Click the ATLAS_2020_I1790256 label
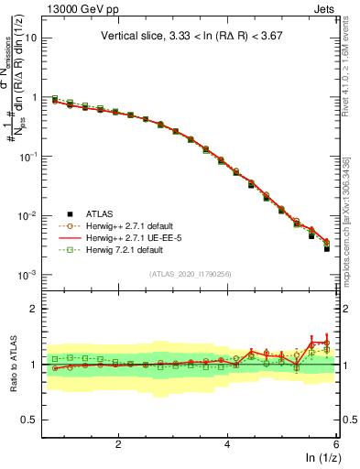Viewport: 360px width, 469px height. point(190,274)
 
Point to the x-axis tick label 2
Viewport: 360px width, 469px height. point(118,443)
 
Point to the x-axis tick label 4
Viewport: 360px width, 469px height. point(227,443)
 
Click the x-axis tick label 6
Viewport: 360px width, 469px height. point(335,443)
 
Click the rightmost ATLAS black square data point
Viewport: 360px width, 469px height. point(327,248)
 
